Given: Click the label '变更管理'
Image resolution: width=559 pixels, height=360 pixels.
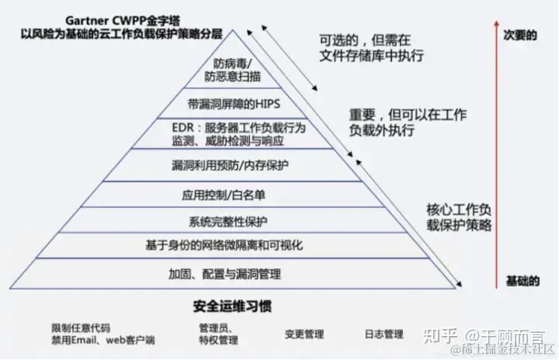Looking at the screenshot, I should coord(304,334).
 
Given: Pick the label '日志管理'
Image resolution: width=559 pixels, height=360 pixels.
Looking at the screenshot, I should coord(384,334).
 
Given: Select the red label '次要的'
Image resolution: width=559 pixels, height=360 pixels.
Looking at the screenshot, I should coord(519,36).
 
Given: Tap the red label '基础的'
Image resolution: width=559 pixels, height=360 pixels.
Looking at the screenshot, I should coord(521,279).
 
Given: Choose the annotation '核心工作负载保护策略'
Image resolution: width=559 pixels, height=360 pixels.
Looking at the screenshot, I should coord(459,218).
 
